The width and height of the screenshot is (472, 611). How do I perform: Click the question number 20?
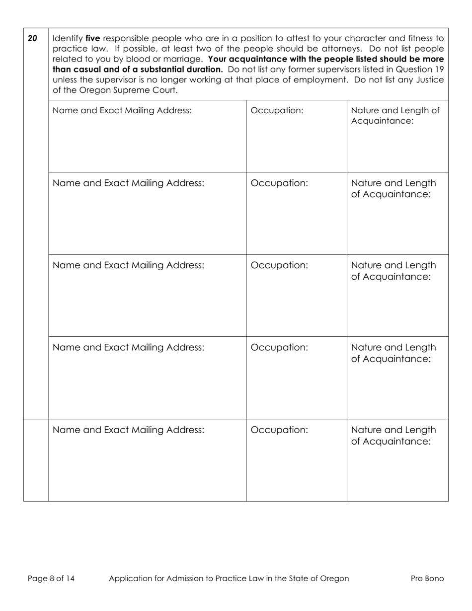click(32, 38)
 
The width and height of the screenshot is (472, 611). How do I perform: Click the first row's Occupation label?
click(277, 110)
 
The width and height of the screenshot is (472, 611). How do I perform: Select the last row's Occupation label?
click(279, 430)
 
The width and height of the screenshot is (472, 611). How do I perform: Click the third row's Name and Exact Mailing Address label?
click(128, 265)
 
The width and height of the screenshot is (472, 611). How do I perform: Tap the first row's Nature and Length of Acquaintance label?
click(395, 115)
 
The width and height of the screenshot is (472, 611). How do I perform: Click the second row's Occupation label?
click(279, 183)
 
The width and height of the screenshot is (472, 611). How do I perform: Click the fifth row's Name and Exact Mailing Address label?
click(128, 430)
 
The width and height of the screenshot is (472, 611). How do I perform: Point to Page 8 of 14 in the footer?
click(51, 578)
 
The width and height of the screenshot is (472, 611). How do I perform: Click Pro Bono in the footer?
click(427, 578)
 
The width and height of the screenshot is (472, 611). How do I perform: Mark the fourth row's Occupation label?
click(279, 347)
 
